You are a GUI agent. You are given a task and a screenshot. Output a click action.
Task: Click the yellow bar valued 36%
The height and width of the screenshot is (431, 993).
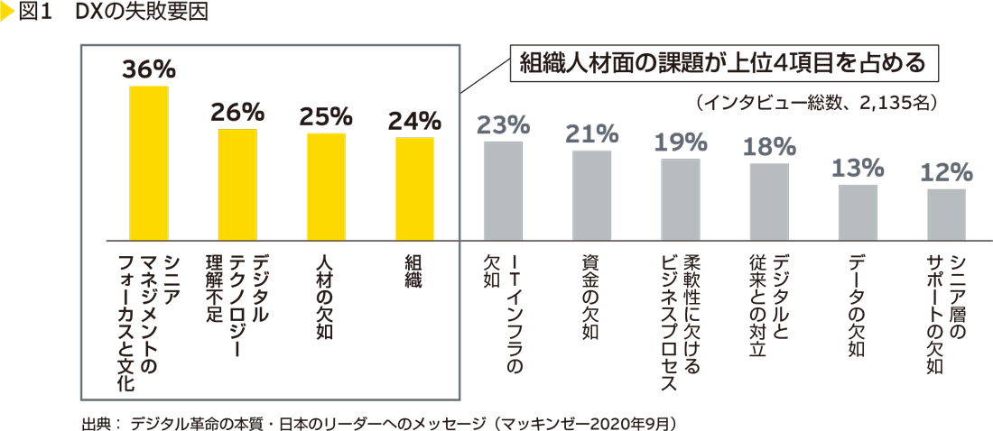click(148, 162)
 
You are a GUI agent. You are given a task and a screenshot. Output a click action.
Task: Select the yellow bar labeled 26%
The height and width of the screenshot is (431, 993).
click(237, 184)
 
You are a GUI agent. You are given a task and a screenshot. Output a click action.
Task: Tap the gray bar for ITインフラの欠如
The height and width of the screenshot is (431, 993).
click(503, 189)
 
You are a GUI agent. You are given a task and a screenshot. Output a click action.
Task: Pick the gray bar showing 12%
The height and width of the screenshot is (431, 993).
click(946, 214)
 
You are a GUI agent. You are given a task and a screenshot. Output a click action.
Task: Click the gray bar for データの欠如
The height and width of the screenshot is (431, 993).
click(858, 212)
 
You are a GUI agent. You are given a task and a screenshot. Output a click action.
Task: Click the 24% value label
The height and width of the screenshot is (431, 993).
click(414, 120)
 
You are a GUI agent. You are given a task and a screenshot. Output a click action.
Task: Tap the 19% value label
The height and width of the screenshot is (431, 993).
click(680, 142)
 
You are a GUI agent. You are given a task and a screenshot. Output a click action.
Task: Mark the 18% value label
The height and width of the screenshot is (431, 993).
click(769, 146)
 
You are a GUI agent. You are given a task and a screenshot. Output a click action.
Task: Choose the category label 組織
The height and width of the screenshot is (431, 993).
click(414, 271)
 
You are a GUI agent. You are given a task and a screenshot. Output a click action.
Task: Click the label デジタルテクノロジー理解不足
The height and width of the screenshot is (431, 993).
click(237, 307)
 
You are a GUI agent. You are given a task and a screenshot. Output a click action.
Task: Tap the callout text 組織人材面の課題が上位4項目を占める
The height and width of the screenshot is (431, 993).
click(721, 64)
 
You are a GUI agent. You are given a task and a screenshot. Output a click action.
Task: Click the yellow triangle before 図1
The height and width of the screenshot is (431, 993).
click(6, 13)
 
